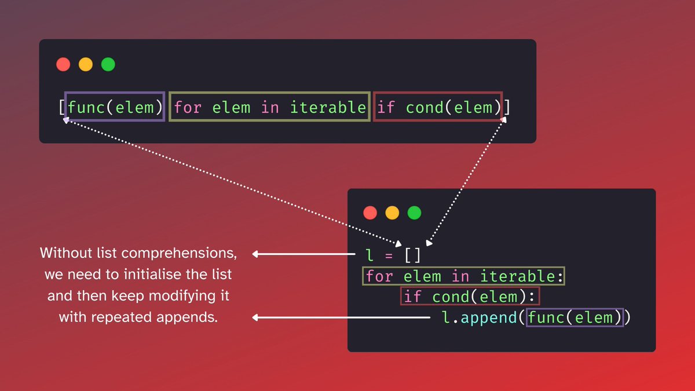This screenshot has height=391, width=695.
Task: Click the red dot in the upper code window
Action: tap(63, 64)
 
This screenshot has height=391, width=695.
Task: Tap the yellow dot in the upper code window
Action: tap(86, 64)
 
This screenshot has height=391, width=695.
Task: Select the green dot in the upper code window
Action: tap(108, 64)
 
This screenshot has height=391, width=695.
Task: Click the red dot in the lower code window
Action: tap(370, 213)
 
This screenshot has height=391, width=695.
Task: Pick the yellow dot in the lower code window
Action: tap(392, 213)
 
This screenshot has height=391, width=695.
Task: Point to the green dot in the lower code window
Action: tap(414, 213)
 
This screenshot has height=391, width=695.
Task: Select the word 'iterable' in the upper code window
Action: tap(328, 107)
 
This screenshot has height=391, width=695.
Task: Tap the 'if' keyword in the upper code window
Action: tap(386, 107)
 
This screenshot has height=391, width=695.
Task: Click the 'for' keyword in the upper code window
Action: tap(188, 107)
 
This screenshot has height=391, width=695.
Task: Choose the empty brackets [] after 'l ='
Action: tap(413, 255)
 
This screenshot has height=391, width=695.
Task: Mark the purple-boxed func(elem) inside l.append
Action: tap(575, 317)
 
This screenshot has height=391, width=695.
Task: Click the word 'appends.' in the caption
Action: tap(193, 317)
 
